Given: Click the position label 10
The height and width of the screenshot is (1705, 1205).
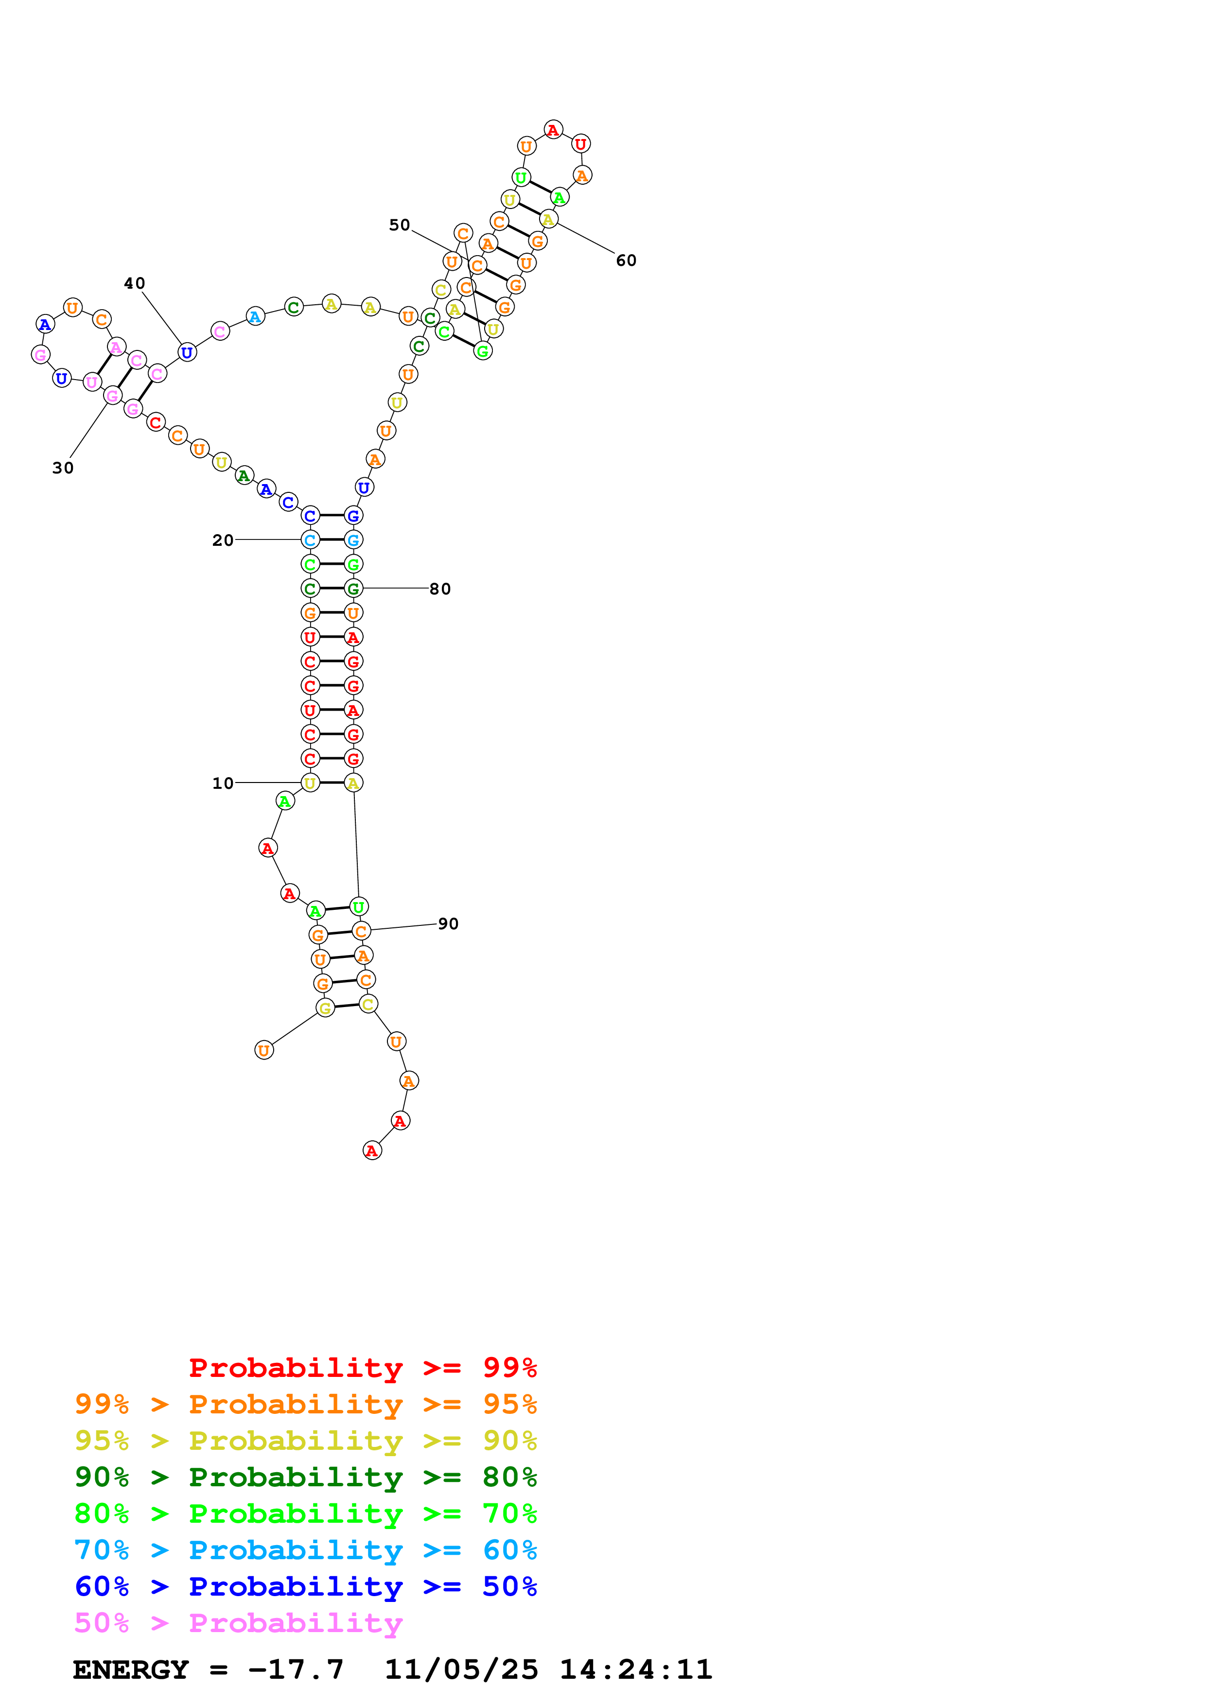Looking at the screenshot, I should click(223, 783).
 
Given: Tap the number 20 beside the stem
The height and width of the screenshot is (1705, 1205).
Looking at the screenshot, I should click(223, 540).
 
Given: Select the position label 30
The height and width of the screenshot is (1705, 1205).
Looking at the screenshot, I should click(63, 468).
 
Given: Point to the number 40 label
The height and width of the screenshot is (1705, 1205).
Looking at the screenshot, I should click(134, 284).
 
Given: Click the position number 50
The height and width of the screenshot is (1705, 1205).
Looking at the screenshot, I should click(400, 225).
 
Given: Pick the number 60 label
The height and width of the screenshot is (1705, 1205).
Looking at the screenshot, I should click(626, 261).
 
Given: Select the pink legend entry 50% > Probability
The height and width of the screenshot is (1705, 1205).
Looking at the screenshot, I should click(238, 1623).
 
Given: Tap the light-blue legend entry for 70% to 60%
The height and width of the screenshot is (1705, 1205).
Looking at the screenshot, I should click(305, 1550).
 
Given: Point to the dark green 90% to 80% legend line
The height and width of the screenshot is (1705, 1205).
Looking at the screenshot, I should click(305, 1478).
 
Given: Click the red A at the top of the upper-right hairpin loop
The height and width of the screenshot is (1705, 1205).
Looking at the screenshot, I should click(553, 130).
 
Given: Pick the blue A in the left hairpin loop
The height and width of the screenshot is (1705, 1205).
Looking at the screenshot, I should click(45, 325).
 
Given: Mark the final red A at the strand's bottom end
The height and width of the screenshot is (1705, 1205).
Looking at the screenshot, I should click(372, 1151).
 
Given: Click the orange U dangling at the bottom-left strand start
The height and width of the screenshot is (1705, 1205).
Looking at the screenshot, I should click(263, 1050).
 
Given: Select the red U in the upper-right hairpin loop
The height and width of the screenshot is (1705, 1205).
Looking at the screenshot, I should click(580, 144).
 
